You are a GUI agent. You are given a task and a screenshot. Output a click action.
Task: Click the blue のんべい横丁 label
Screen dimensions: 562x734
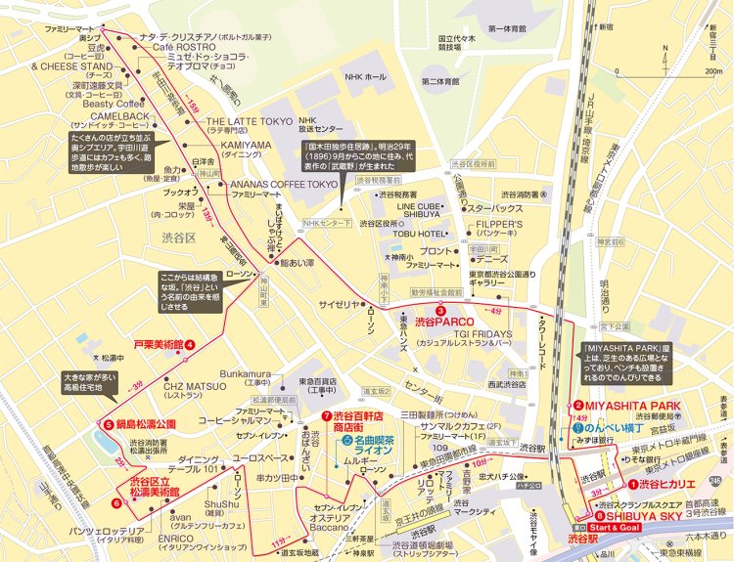625,427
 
